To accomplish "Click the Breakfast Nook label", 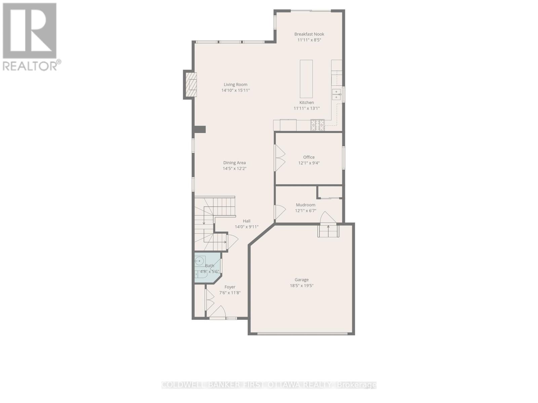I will (309, 34).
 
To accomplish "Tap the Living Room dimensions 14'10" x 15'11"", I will (235, 90).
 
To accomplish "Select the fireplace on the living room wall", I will (191, 84).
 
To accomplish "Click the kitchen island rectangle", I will (306, 79).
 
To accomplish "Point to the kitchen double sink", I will (336, 94).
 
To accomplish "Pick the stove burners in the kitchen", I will (317, 125).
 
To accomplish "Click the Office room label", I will (309, 157).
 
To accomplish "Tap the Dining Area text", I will (234, 163).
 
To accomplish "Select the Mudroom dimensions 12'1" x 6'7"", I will (306, 211).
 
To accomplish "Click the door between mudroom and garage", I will (328, 218).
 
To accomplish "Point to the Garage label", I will (302, 280).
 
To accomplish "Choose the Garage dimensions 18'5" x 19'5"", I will (302, 286).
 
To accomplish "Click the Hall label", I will (247, 221).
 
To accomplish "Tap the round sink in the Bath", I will (200, 261).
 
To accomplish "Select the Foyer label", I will (230, 287).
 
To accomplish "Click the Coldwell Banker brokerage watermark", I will (269, 385).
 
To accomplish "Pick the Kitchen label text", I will (307, 102).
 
